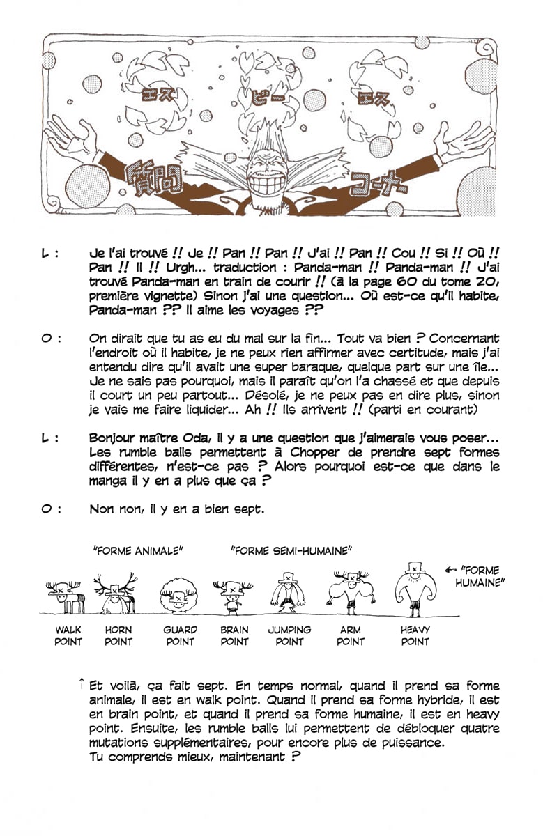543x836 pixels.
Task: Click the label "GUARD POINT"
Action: coord(180,635)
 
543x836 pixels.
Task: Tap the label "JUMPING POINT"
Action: coord(289,635)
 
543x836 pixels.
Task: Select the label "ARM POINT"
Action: coord(350,635)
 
